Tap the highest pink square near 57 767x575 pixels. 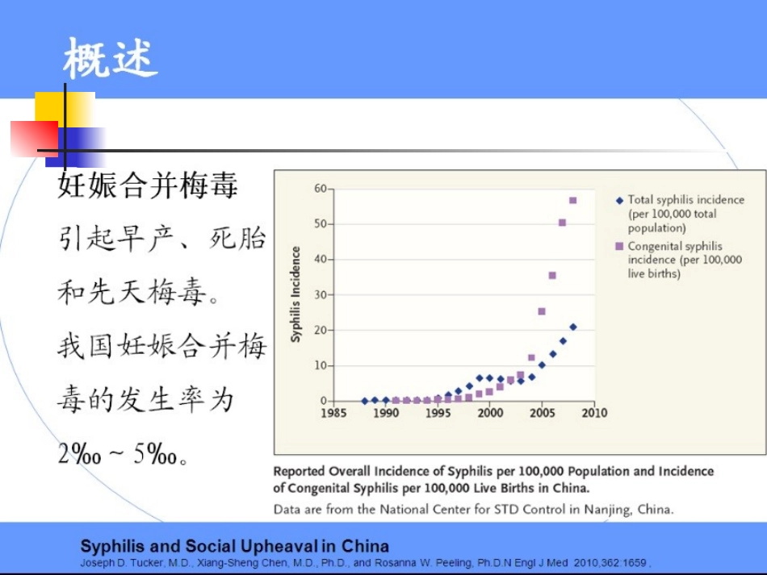click(572, 200)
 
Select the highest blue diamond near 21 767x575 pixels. click(572, 327)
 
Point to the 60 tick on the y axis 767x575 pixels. click(320, 188)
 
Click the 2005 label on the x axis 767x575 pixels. click(542, 414)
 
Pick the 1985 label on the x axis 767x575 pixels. click(334, 414)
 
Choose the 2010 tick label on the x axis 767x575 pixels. click(593, 414)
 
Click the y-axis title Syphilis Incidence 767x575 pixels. click(295, 294)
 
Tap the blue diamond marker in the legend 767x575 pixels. click(619, 200)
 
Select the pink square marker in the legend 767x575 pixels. click(619, 247)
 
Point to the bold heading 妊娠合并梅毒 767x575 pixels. click(148, 185)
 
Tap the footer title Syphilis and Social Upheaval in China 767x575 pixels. click(234, 546)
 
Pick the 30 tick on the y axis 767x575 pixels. click(320, 294)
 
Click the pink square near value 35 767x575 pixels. click(552, 275)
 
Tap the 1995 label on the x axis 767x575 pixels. click(438, 414)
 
